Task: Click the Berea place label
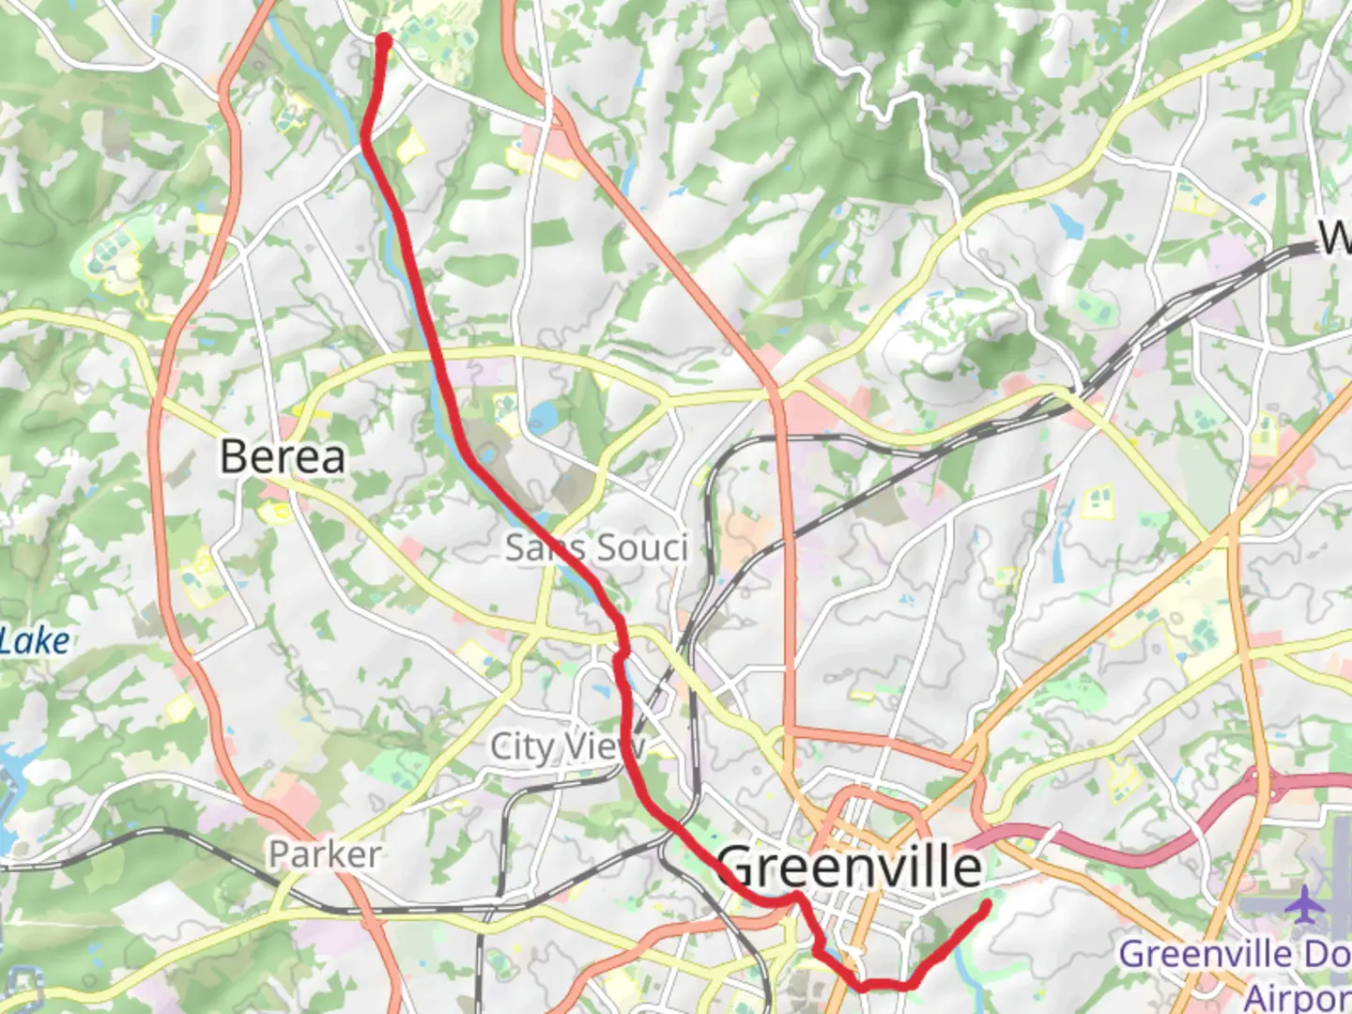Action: click(283, 457)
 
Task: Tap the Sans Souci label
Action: click(596, 547)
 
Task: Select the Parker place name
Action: click(325, 854)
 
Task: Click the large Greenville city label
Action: click(851, 867)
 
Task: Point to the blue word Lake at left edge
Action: click(35, 642)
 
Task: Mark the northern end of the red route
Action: click(383, 40)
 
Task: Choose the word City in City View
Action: click(522, 747)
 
